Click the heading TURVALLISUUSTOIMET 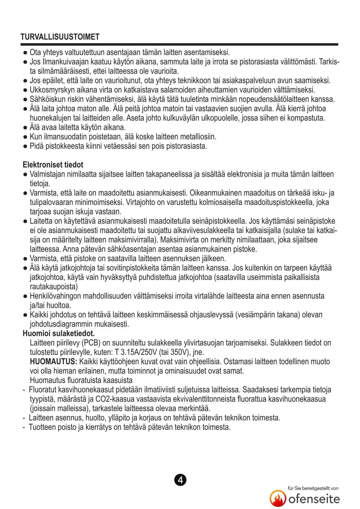(60, 37)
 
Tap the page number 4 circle (180, 480)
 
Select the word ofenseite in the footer (314, 499)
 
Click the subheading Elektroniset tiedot (53, 165)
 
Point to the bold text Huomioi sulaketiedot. (59, 333)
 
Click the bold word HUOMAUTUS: (54, 361)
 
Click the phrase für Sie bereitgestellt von (313, 488)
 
